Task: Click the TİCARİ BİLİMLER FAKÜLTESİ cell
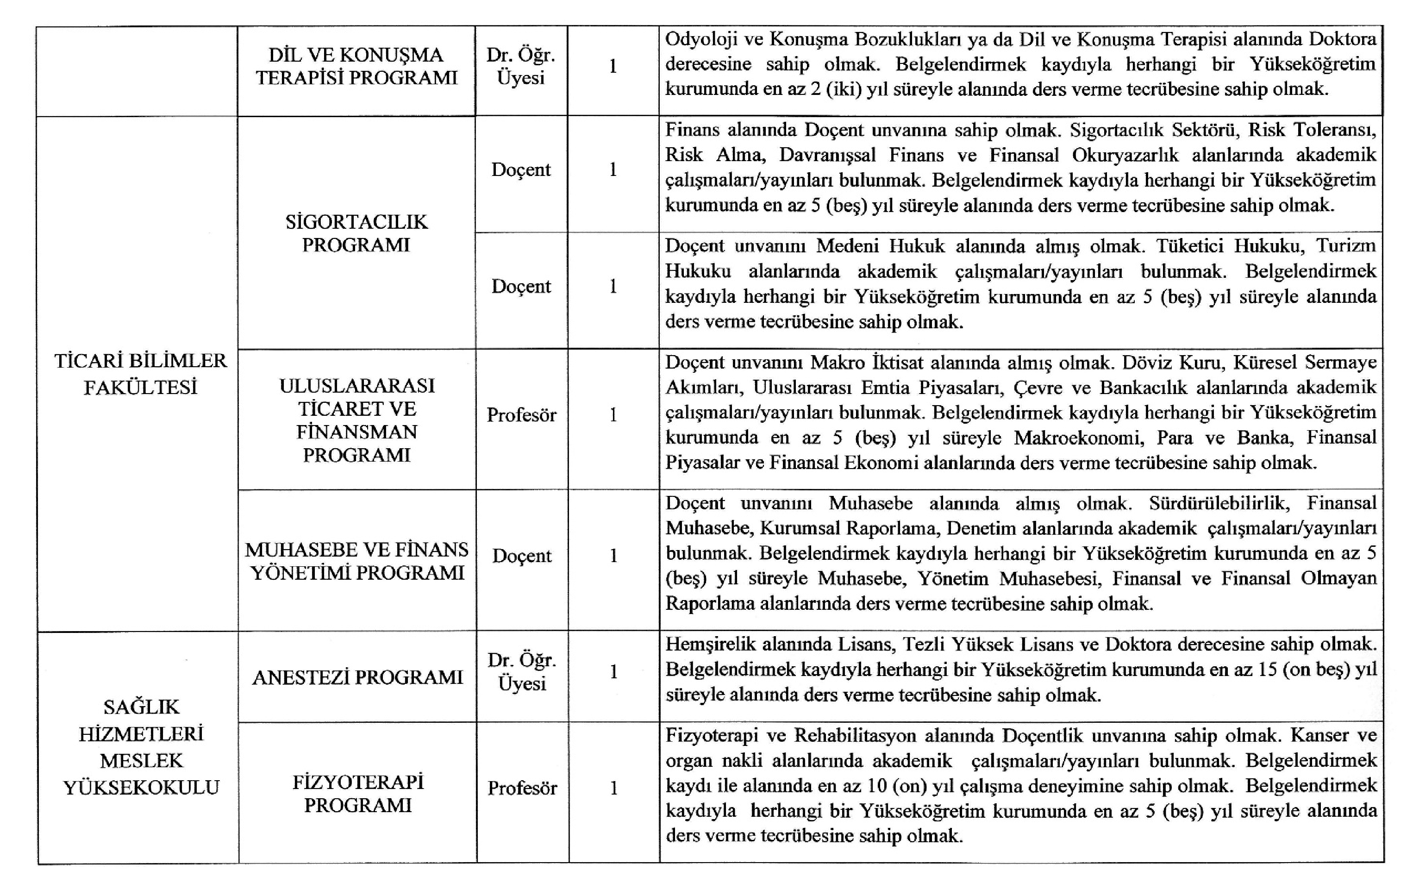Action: click(140, 374)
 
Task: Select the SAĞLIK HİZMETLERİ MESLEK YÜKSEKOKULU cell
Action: click(141, 746)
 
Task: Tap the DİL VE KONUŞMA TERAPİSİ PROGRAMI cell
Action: click(356, 66)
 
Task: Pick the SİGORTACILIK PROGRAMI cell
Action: click(356, 233)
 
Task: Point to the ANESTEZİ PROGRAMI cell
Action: click(357, 677)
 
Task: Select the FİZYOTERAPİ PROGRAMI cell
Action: click(358, 793)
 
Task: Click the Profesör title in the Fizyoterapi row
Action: click(522, 788)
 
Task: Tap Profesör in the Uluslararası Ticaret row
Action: click(521, 415)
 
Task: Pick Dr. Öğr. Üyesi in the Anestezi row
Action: click(522, 671)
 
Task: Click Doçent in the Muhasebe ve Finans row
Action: click(522, 556)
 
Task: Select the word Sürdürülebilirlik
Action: click(1218, 503)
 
